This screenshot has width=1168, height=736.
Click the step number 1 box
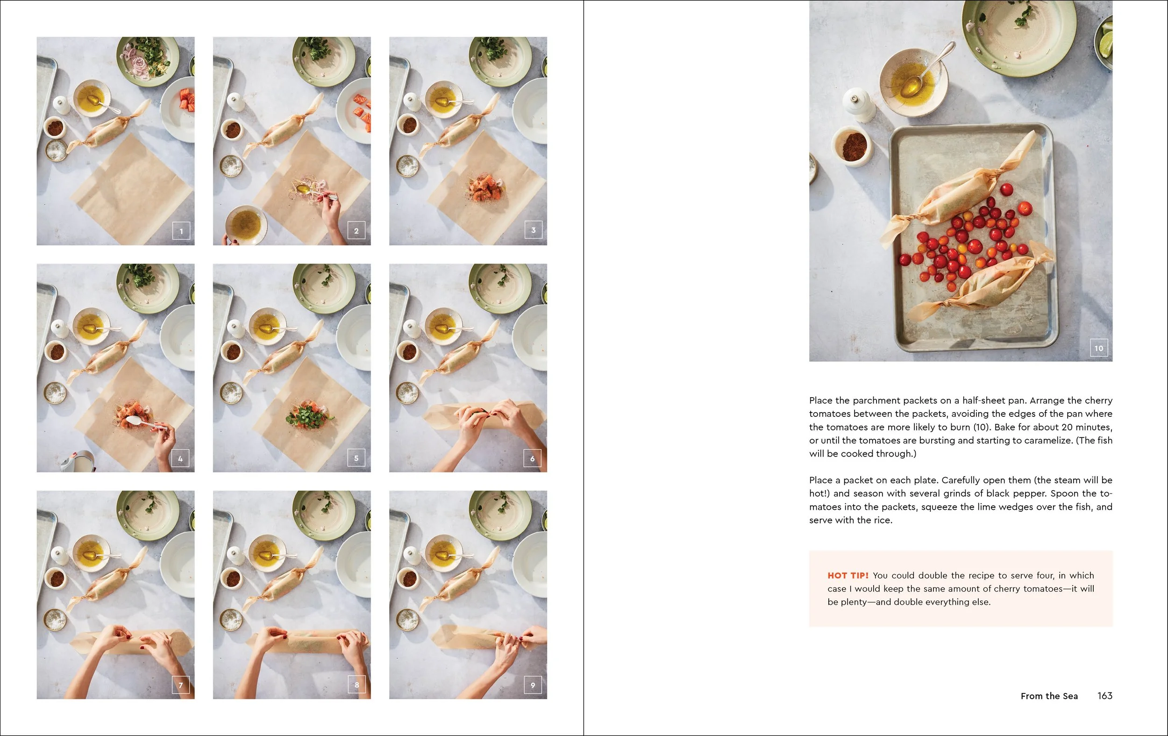click(x=181, y=231)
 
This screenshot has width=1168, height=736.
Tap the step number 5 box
click(x=356, y=458)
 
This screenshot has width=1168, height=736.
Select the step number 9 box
click(x=533, y=685)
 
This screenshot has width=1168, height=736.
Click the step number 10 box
click(x=1099, y=348)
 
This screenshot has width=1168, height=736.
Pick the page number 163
click(x=1104, y=696)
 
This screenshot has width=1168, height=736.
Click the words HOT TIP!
click(x=848, y=575)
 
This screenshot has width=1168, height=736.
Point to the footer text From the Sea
click(x=1049, y=696)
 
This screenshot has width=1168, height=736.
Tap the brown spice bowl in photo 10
click(x=853, y=145)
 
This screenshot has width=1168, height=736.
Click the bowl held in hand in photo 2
click(x=246, y=224)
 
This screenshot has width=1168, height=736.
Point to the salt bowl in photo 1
click(x=56, y=150)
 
